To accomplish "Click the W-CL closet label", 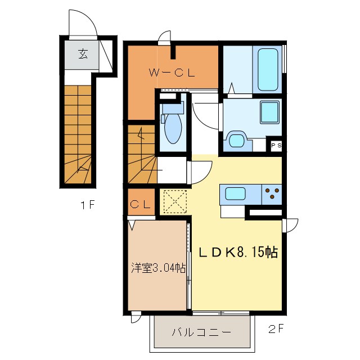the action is click(172, 73).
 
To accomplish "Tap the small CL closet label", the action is click(141, 204).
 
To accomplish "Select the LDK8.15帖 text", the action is click(238, 252).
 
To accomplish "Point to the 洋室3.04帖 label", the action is click(158, 268).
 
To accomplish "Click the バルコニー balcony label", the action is click(201, 332).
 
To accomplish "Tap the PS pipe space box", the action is click(276, 145).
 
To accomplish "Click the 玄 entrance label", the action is click(83, 54).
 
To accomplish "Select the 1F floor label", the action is click(87, 205).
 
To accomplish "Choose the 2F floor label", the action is click(276, 329).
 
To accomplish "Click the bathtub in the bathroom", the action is click(268, 70).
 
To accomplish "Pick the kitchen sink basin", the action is click(235, 193).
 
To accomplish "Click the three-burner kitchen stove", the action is click(272, 194).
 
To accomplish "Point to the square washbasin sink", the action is click(269, 112).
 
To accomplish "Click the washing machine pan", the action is click(237, 141).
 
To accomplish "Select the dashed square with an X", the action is click(175, 201).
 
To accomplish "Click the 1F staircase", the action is click(78, 134).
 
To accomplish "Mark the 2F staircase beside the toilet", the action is click(142, 154).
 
